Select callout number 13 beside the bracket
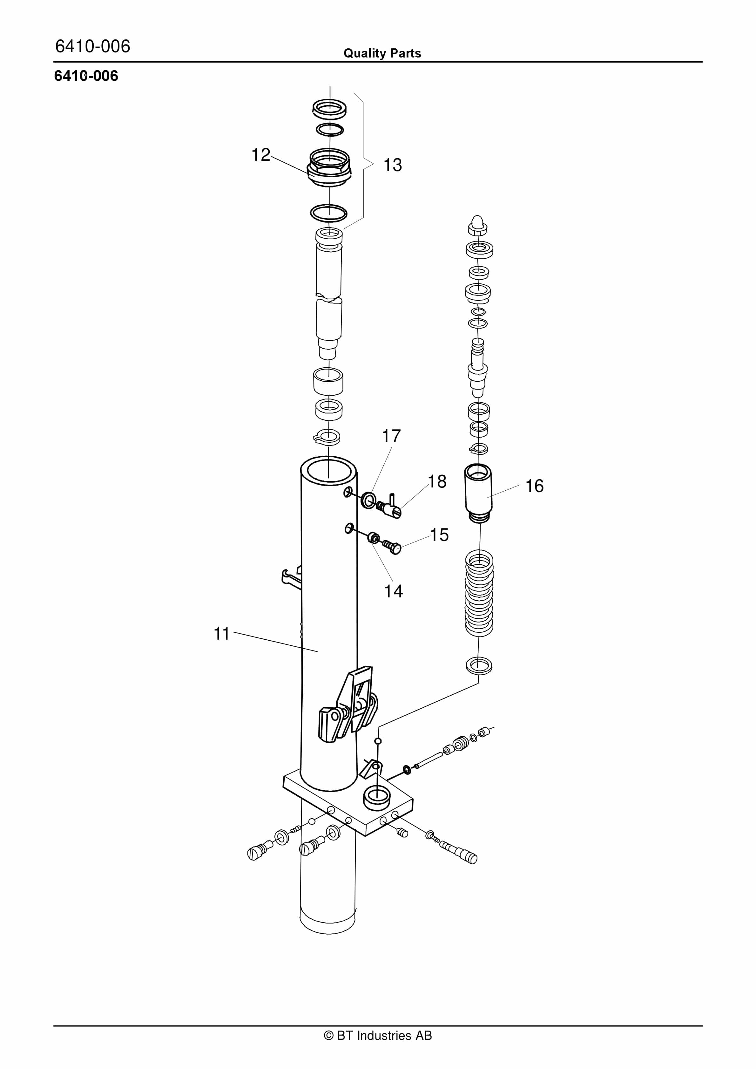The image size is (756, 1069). coord(392,165)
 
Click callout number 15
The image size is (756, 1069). coord(439,534)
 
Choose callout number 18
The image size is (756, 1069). coord(437,481)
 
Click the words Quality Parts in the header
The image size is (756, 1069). coord(382,53)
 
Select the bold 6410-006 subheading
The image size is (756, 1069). coord(86,76)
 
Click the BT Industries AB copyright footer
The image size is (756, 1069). coord(378,1036)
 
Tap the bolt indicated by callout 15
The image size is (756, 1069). coord(391,546)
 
